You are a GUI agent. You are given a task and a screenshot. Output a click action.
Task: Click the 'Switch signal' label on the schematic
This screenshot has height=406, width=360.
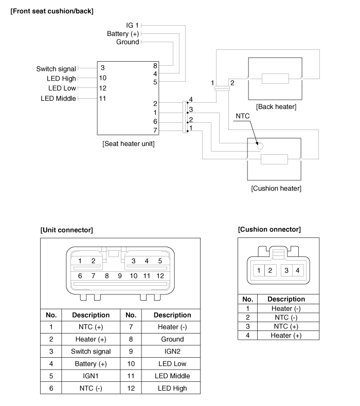coord(56,69)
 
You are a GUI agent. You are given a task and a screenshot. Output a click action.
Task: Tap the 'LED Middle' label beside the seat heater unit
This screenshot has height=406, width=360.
coord(58,98)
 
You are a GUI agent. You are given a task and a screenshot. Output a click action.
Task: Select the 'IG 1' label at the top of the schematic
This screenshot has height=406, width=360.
coord(133,25)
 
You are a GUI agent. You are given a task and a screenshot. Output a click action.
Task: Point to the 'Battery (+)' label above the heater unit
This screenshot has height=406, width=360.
coord(123,33)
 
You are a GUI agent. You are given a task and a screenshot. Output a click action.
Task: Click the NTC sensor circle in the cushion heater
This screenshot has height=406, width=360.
coord(260,146)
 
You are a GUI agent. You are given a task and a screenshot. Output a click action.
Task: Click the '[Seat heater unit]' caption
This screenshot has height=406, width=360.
coord(129,143)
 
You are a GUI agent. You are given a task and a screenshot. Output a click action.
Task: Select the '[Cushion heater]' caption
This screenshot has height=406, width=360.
coord(276,189)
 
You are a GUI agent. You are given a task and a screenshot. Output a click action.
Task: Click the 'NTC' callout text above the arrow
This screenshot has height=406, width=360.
coord(242,117)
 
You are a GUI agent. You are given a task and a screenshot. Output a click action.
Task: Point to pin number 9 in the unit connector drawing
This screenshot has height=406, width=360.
coord(120,276)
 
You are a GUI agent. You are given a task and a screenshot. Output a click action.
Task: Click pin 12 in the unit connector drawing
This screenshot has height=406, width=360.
coord(160,276)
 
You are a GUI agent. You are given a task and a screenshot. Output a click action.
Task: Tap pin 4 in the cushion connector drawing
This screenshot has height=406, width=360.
coord(297,270)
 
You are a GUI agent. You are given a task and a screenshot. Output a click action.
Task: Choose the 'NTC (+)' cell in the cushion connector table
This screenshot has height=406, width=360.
coord(281,326)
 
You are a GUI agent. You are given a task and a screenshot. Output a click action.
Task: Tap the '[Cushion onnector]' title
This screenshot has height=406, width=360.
coord(269,229)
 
